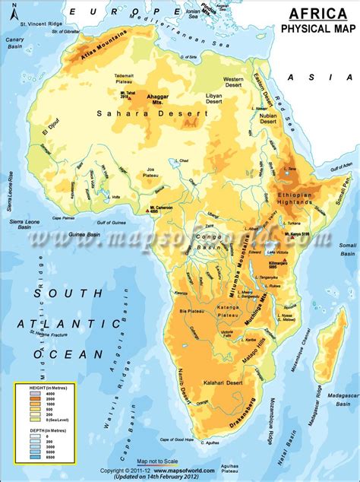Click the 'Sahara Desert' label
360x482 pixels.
[x=152, y=113]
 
